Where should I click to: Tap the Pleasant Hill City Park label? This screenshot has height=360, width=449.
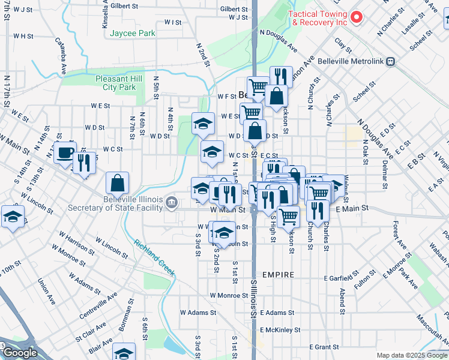click(119, 83)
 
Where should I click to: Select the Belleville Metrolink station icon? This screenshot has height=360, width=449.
click(391, 61)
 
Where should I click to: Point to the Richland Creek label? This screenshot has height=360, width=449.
click(154, 258)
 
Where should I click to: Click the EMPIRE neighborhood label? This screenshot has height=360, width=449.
click(277, 275)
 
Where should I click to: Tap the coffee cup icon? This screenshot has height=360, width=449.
click(65, 152)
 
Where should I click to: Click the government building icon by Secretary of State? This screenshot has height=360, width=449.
click(172, 201)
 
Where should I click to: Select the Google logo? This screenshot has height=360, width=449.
click(20, 353)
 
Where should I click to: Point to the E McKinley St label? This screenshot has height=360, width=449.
click(280, 330)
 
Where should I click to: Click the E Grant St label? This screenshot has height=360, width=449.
click(324, 347)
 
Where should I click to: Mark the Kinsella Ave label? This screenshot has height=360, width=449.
click(106, 15)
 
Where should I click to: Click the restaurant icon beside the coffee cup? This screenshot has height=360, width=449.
click(84, 163)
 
